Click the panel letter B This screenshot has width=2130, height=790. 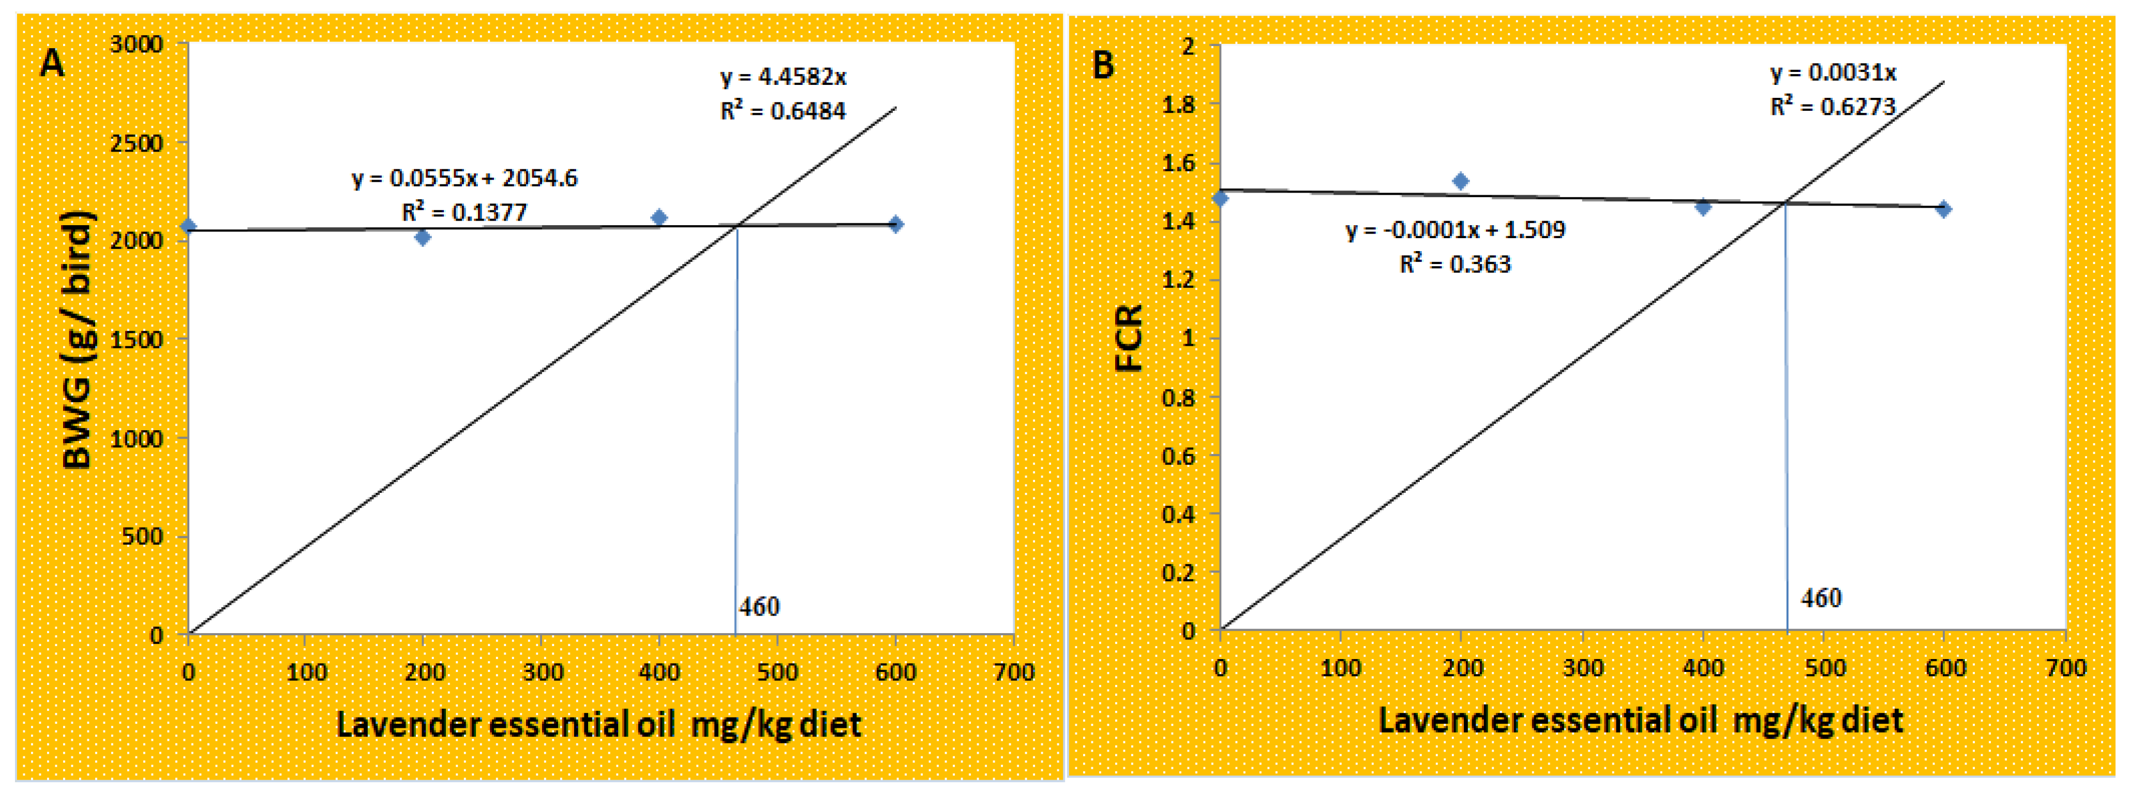(1103, 65)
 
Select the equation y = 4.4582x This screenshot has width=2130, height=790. (783, 77)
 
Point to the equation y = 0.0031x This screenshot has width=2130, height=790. (1833, 73)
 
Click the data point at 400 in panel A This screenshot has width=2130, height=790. (659, 217)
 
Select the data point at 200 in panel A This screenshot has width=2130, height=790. (423, 238)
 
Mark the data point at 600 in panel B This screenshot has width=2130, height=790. (1944, 209)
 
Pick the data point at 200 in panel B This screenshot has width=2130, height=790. (1461, 181)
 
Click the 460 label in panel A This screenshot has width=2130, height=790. (759, 607)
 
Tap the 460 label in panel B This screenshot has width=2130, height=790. (1821, 598)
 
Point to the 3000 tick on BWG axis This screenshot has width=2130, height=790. (137, 44)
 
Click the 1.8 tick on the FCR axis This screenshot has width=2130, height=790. (1178, 104)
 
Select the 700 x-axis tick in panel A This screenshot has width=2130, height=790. (1014, 671)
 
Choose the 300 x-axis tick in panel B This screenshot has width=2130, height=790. (1583, 668)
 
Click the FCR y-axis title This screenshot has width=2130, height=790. (1129, 338)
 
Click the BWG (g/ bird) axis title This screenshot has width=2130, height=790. (79, 339)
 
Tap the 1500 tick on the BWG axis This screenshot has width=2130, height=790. (137, 339)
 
